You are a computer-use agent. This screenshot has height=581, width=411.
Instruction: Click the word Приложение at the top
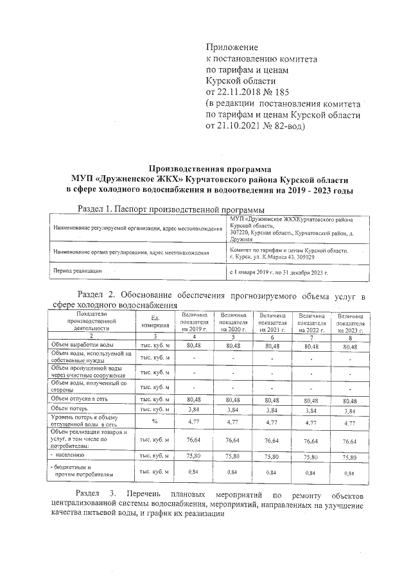pyautogui.click(x=231, y=48)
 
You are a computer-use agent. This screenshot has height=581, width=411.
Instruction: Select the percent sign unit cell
pyautogui.click(x=155, y=422)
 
